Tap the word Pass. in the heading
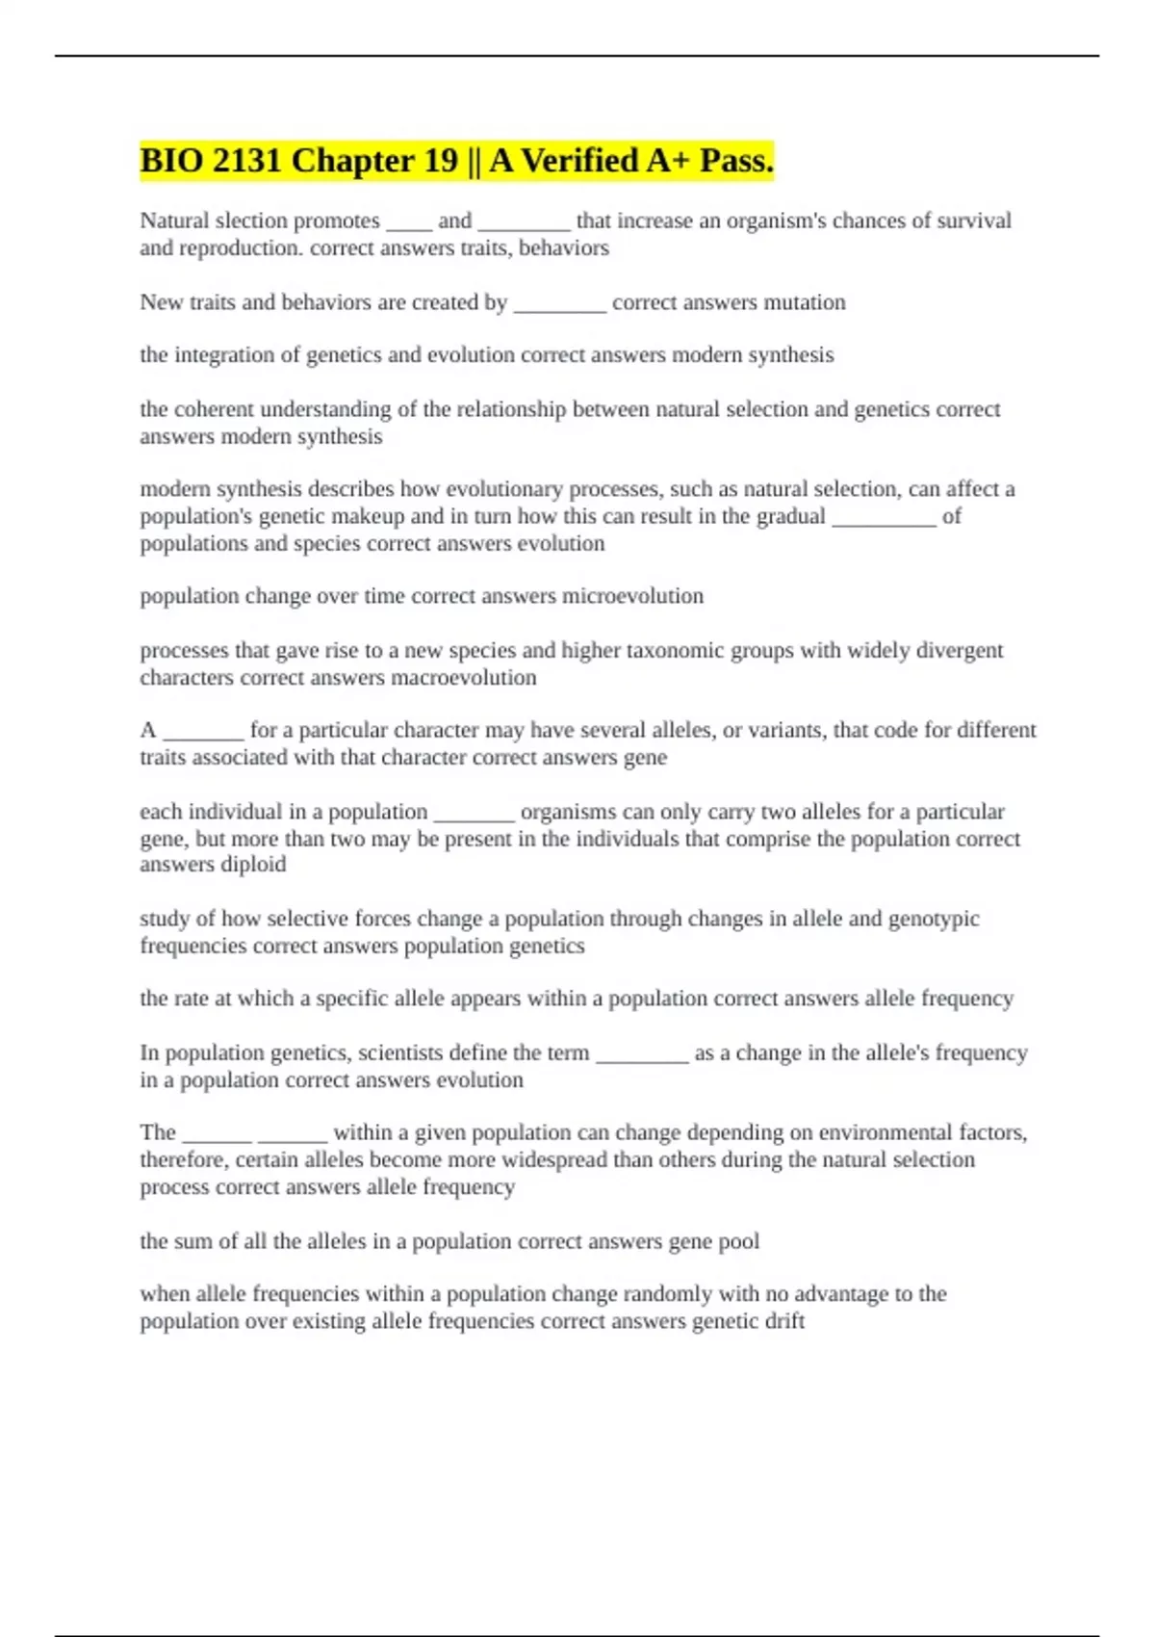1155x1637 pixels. tap(736, 160)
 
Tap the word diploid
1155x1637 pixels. tap(253, 864)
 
